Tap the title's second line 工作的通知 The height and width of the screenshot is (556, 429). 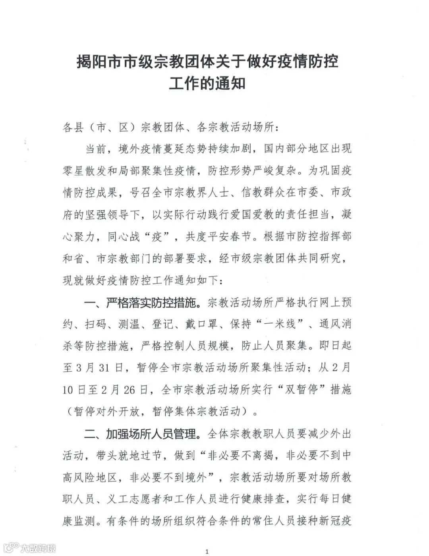tap(207, 83)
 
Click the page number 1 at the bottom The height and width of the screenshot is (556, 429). tap(207, 551)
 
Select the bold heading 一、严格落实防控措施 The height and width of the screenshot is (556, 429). tap(141, 303)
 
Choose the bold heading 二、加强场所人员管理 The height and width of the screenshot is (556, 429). tap(141, 434)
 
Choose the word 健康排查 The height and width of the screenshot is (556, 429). tap(263, 499)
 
